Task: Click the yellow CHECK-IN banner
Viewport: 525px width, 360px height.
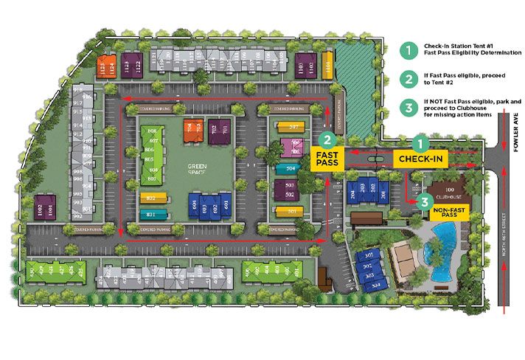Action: pos(421,159)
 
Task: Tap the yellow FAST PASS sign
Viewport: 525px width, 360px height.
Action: pos(327,159)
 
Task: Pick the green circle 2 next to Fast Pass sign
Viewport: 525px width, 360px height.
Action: pos(327,138)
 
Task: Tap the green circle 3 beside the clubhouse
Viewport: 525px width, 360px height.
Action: pos(423,200)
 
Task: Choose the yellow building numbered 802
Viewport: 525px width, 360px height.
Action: pos(152,198)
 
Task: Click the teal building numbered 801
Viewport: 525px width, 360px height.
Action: pos(152,215)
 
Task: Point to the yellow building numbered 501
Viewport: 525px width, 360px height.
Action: pos(289,212)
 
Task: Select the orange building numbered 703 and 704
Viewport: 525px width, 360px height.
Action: pos(193,128)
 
